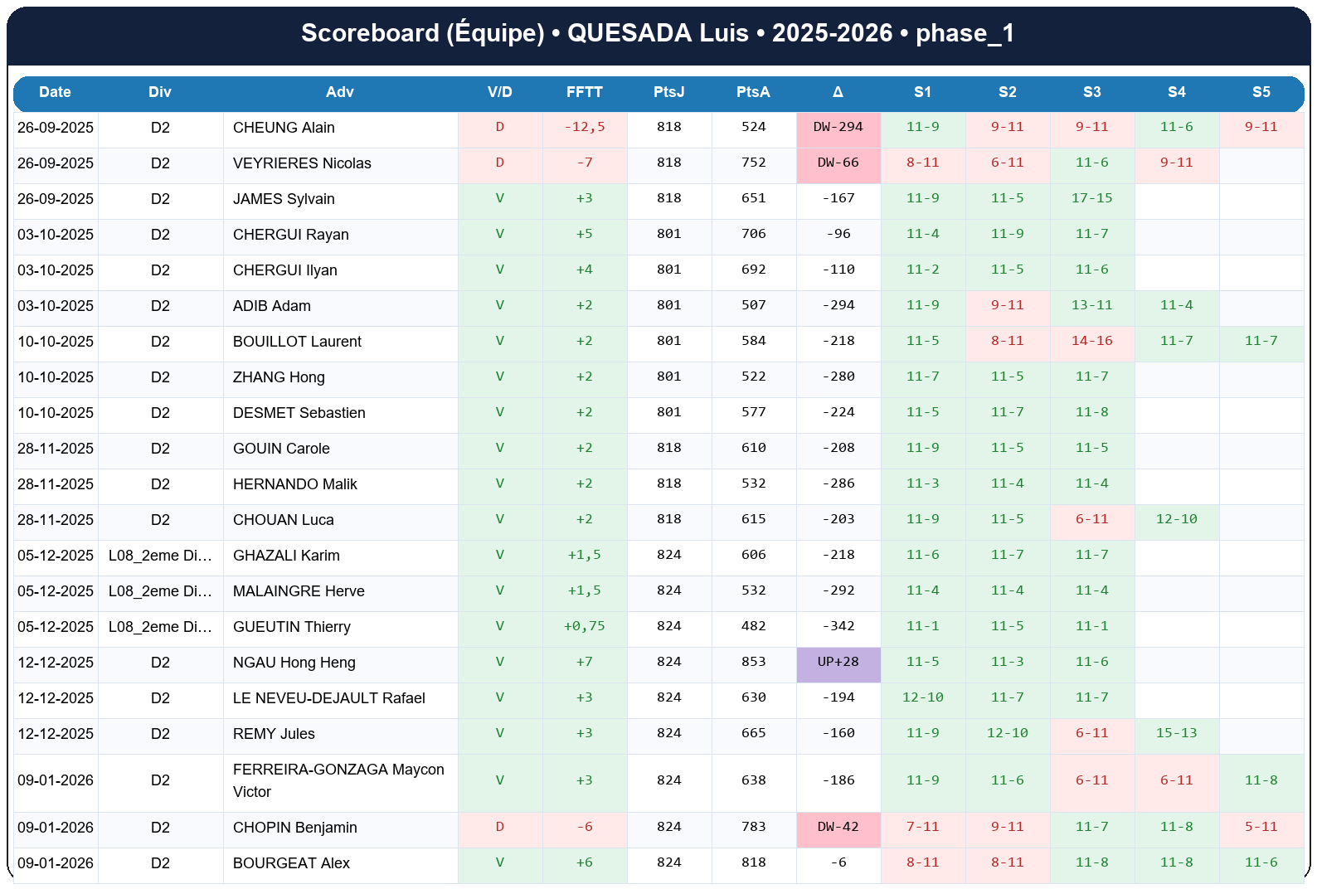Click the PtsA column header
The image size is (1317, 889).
point(753,92)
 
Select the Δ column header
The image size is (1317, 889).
point(838,92)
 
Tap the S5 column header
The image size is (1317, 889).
point(1261,92)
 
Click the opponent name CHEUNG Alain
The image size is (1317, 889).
point(284,128)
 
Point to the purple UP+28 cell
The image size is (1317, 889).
point(838,662)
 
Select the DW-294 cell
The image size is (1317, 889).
point(838,127)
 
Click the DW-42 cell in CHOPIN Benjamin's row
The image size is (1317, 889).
point(838,827)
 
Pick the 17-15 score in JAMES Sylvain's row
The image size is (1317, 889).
point(1091,198)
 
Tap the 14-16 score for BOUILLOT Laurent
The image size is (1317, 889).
point(1091,341)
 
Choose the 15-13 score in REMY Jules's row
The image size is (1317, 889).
point(1176,733)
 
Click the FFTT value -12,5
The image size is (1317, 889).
point(584,127)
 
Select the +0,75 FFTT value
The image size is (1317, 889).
point(584,626)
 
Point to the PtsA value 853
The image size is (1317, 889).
point(753,662)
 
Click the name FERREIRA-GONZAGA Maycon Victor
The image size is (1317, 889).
point(338,780)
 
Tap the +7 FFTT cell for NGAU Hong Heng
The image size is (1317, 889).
point(584,662)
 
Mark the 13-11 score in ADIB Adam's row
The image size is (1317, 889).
point(1091,305)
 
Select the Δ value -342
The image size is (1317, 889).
point(838,626)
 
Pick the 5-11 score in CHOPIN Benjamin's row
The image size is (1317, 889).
point(1261,827)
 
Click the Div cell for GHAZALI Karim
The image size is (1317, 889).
point(160,556)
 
